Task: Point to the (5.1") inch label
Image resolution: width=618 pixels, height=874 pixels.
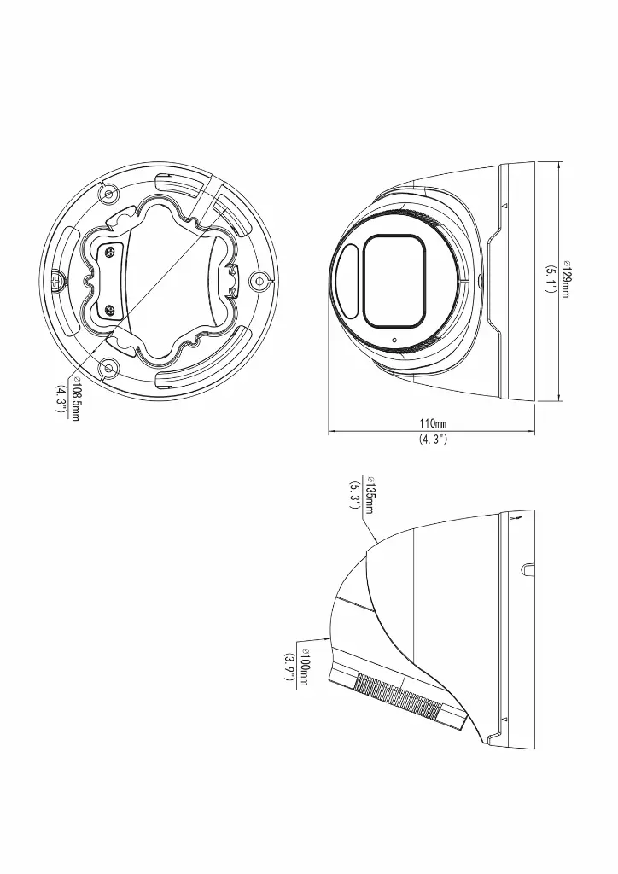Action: [551, 280]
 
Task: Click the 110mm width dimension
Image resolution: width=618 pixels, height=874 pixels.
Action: [433, 423]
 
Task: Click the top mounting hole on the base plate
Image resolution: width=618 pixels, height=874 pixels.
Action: [108, 194]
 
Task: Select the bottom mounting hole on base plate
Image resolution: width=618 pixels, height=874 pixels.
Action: [108, 368]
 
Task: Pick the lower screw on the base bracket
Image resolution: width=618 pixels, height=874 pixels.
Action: [108, 309]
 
